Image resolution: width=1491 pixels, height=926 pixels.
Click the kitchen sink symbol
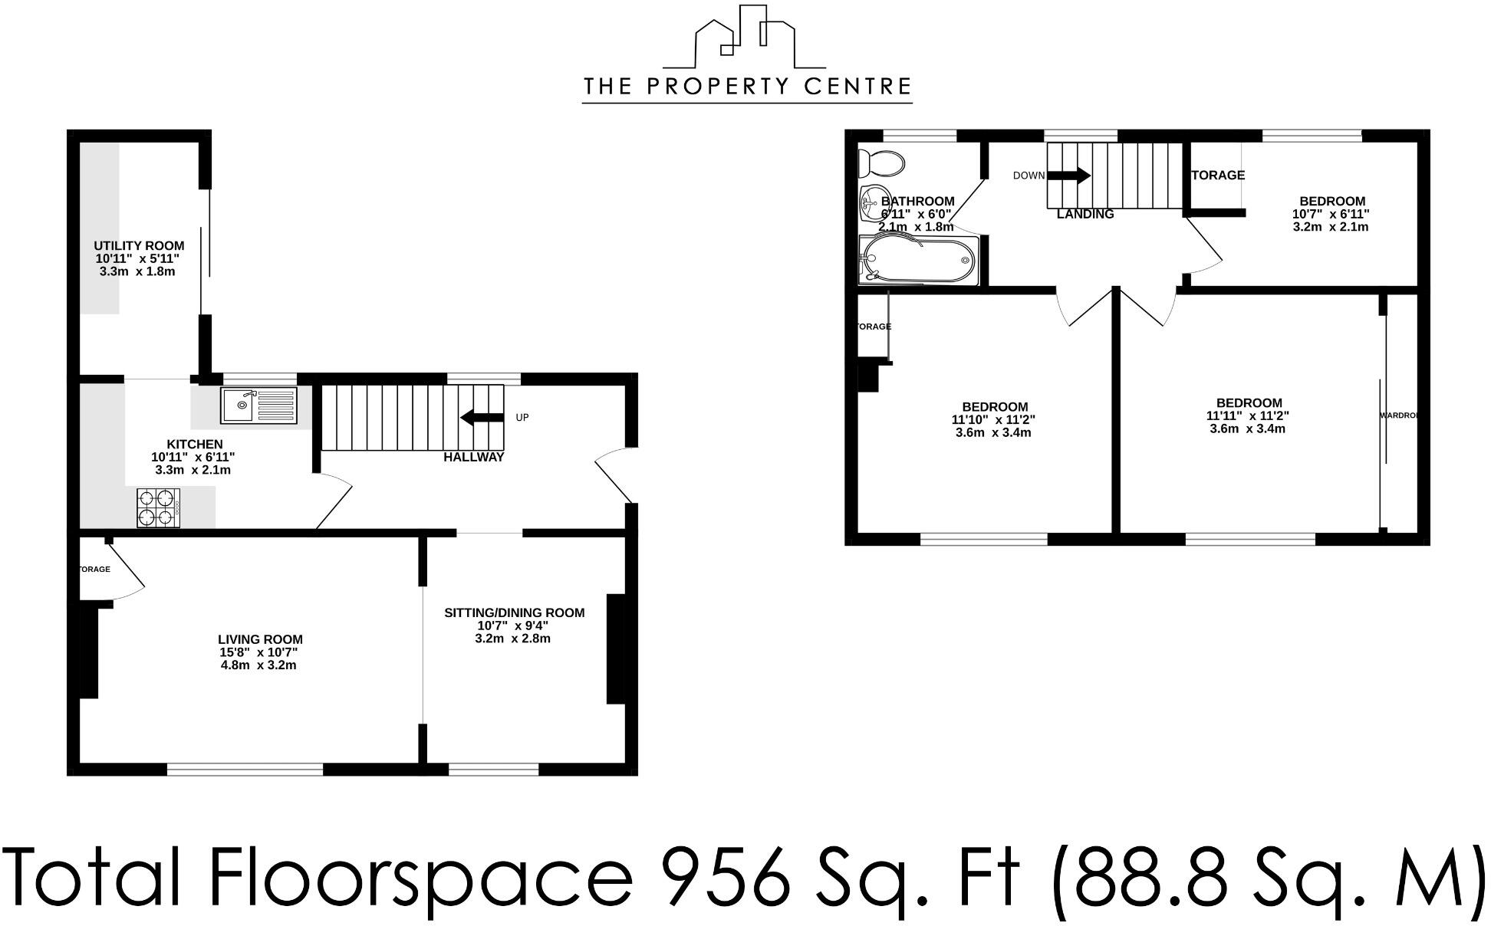tap(258, 406)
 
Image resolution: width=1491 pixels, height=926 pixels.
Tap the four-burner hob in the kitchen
tap(158, 508)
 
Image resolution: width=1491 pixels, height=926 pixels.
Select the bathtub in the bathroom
tap(919, 261)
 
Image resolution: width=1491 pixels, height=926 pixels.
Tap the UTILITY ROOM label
tap(139, 246)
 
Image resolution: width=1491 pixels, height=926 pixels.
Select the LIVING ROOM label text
tap(260, 639)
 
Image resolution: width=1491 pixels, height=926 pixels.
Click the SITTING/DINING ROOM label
tap(514, 612)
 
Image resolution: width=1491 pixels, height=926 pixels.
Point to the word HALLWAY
tap(473, 458)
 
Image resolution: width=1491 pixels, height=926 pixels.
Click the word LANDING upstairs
tap(1085, 215)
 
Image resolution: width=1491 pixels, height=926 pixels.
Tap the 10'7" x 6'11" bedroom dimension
tap(1330, 215)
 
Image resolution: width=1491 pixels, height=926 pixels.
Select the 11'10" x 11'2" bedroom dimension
tap(994, 419)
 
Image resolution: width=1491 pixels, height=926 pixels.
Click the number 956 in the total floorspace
tap(725, 876)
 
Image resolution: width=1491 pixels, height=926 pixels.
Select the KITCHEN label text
tap(195, 444)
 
